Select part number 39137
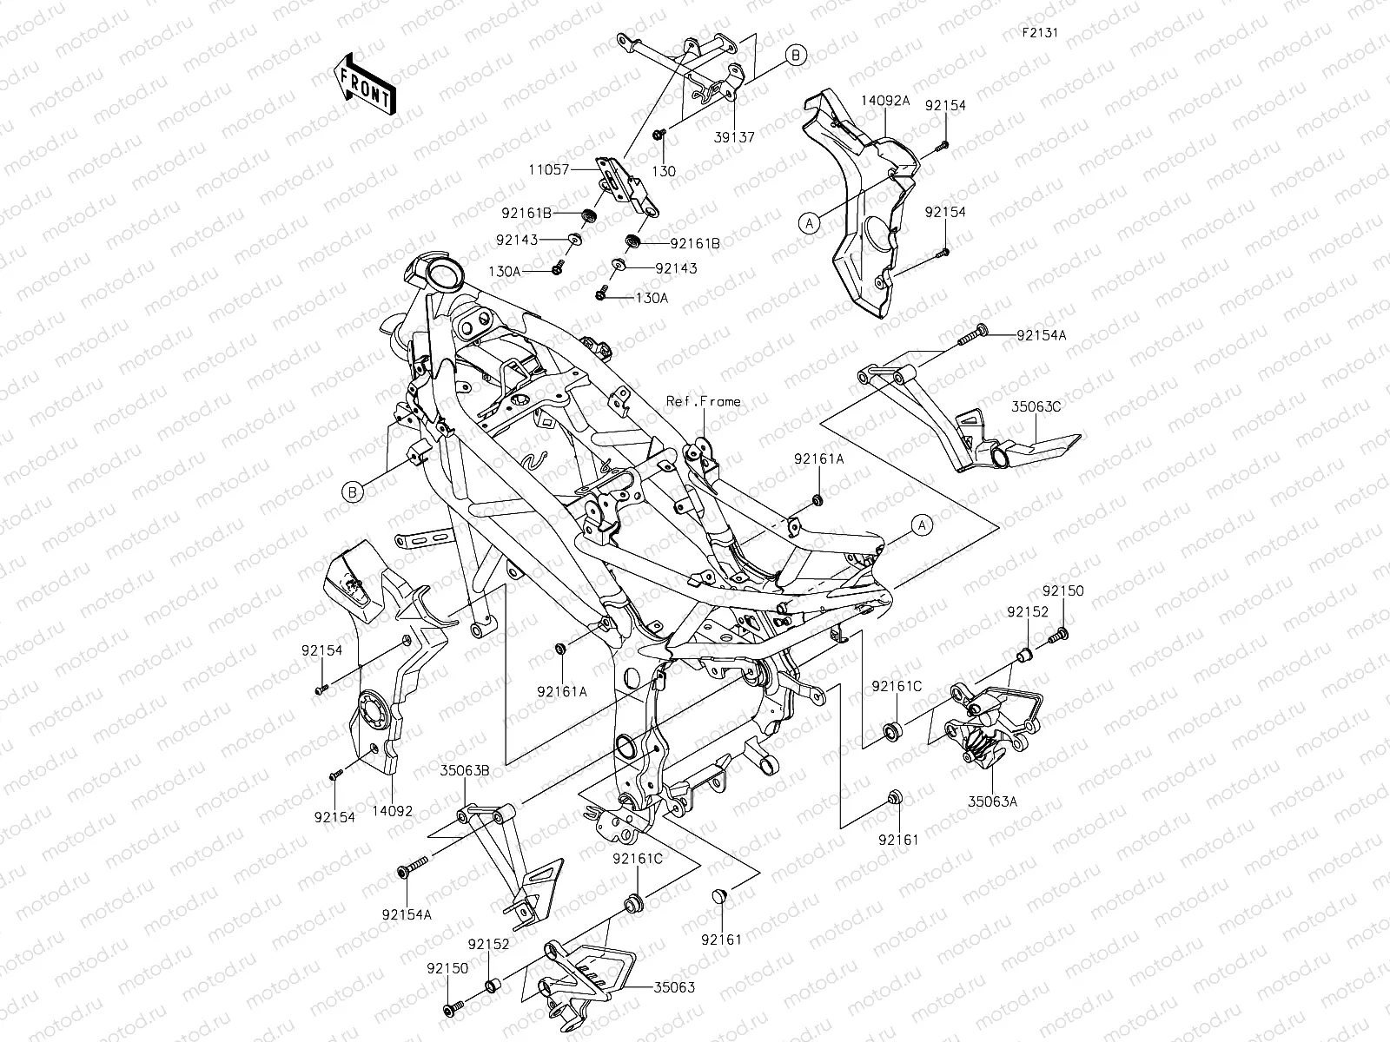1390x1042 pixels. point(735,137)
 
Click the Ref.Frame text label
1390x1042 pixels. point(704,401)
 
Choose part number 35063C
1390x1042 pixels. point(1036,405)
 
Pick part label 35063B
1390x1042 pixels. point(465,770)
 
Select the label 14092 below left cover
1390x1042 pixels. point(394,812)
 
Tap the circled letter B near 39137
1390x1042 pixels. point(797,56)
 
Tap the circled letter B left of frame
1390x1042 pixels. point(353,492)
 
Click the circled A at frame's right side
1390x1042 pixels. point(923,524)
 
